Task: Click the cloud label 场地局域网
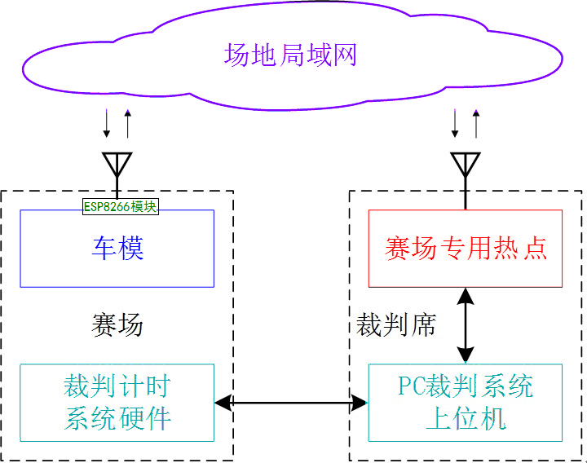click(x=290, y=55)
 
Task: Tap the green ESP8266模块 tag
click(x=120, y=207)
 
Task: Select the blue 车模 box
click(x=117, y=249)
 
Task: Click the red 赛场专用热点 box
click(x=466, y=249)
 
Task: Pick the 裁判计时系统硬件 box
click(x=117, y=402)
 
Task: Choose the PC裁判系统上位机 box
click(x=466, y=402)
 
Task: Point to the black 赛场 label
click(x=117, y=325)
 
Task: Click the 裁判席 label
click(x=396, y=325)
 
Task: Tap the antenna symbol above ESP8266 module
click(x=117, y=165)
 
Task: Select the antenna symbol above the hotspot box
click(x=466, y=165)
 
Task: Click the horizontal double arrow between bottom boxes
click(x=291, y=402)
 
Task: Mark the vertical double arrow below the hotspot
click(x=466, y=325)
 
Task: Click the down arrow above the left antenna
click(x=107, y=122)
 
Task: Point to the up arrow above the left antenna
click(x=127, y=122)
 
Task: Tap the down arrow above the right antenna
click(x=456, y=122)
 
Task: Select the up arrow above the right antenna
click(x=476, y=122)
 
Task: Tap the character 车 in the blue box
click(x=104, y=249)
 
